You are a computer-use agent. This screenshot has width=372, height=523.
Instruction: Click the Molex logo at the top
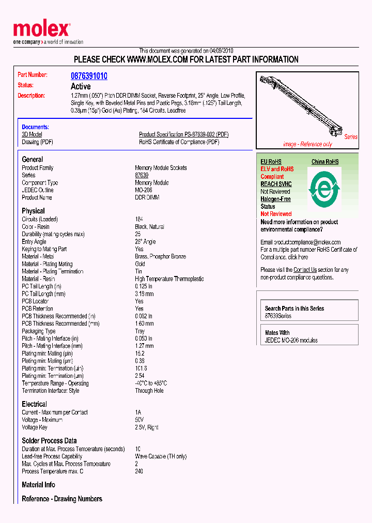click(x=41, y=30)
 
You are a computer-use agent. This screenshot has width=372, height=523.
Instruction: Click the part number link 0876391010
click(x=89, y=75)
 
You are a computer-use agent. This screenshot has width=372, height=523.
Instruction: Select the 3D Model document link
click(x=32, y=134)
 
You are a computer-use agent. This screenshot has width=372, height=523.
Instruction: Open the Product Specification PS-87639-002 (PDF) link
click(x=183, y=134)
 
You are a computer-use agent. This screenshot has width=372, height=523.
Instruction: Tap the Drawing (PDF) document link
click(x=37, y=142)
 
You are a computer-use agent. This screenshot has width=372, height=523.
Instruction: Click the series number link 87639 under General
click(x=142, y=175)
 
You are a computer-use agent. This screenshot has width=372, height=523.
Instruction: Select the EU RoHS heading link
click(x=271, y=162)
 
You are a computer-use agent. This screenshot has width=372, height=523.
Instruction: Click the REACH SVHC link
click(x=276, y=184)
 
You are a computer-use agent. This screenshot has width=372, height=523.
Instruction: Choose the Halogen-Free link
click(x=275, y=199)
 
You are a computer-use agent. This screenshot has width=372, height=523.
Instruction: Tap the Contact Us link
click(x=305, y=270)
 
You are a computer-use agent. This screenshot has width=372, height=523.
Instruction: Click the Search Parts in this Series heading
click(x=295, y=309)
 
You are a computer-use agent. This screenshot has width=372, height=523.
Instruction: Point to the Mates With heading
click(x=277, y=333)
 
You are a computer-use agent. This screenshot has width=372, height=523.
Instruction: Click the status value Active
click(x=81, y=86)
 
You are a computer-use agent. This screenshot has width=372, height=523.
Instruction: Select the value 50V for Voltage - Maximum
click(x=139, y=420)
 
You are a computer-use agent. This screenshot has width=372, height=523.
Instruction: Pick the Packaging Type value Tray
click(x=141, y=331)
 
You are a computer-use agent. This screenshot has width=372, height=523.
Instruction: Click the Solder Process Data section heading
click(x=49, y=440)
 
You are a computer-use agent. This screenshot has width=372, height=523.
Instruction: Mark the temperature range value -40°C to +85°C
click(x=151, y=383)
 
